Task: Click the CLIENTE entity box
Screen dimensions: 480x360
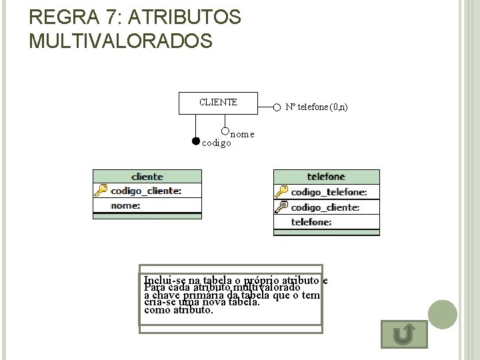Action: tap(217, 103)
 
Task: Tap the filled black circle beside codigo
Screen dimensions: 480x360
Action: tap(195, 141)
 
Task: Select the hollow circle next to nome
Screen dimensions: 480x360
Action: tap(225, 131)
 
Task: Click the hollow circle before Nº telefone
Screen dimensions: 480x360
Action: tap(277, 107)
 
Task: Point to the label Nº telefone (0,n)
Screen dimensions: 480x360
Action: tap(316, 107)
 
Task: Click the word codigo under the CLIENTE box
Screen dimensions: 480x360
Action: tap(217, 143)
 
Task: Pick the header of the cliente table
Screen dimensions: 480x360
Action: tap(147, 177)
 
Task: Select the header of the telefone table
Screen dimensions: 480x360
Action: tap(326, 177)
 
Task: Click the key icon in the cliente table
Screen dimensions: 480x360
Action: tap(101, 191)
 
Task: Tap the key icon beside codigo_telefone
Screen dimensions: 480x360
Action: tap(281, 192)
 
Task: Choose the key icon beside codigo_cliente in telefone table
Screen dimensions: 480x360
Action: tap(281, 207)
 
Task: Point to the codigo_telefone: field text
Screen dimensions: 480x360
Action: tap(329, 192)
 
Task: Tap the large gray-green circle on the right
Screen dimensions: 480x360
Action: tap(442, 315)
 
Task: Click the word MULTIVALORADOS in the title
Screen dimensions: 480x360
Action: tap(121, 41)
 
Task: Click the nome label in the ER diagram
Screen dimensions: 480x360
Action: tap(243, 133)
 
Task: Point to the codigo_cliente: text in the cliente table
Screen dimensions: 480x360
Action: tap(146, 191)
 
